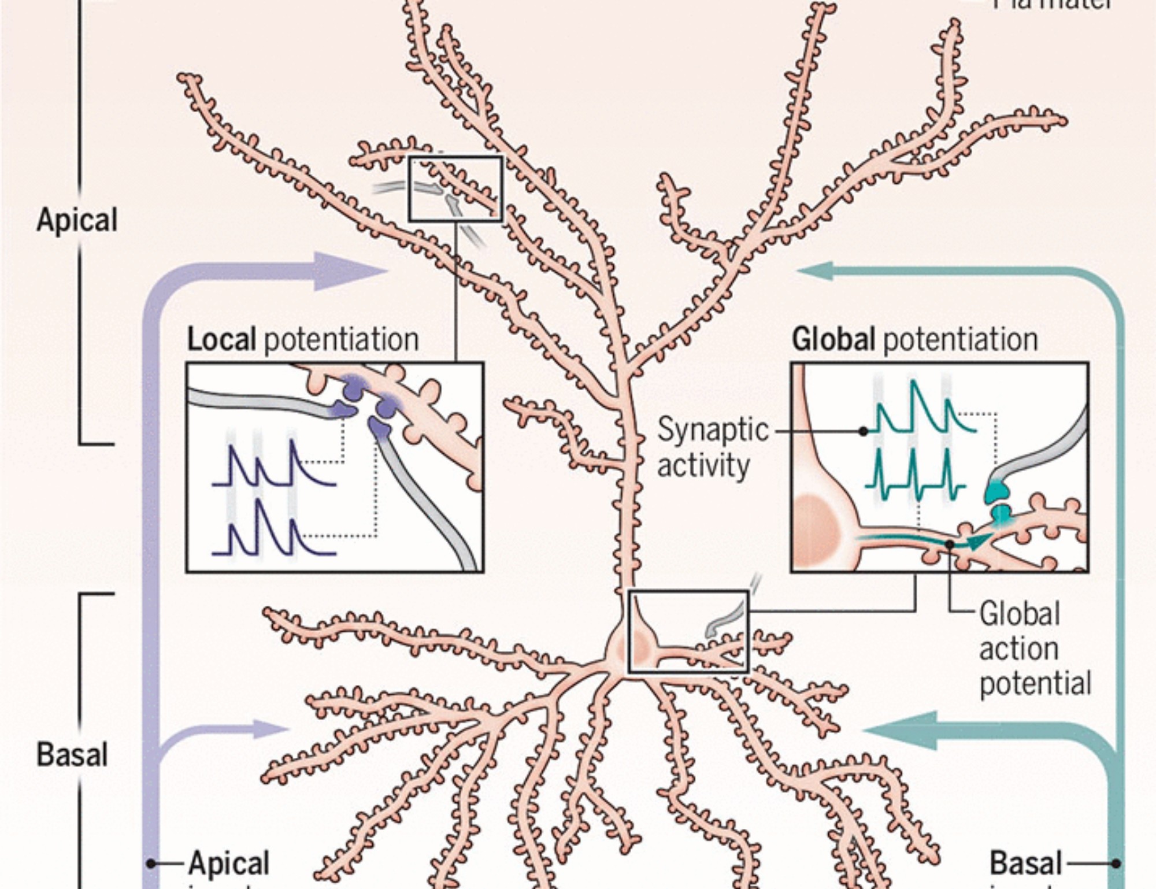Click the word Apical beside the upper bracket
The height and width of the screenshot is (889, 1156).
click(77, 220)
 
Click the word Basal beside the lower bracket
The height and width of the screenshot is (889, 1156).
click(72, 754)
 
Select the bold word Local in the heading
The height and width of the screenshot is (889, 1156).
click(221, 339)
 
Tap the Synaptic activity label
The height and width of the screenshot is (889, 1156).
click(712, 447)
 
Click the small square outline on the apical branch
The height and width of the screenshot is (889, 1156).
click(455, 188)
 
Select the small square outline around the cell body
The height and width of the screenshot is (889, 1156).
click(688, 631)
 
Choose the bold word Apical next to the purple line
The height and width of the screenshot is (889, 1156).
click(229, 864)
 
